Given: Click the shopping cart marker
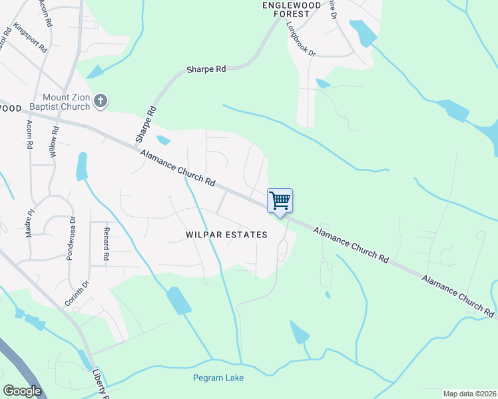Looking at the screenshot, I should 280,200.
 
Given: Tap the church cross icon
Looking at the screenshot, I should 101,100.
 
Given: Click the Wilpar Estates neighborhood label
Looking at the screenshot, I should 226,235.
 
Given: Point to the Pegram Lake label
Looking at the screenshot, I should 218,378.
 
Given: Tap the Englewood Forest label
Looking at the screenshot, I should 286,9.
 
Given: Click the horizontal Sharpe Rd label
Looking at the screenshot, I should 206,68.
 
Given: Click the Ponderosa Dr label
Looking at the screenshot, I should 73,237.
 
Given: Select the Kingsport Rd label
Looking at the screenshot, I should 31,39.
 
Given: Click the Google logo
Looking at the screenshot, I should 22,391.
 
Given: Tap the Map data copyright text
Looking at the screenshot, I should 469,394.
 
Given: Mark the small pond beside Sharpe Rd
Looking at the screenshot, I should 163,140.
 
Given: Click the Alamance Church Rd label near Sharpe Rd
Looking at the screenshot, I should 178,167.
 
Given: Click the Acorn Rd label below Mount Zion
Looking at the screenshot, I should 29,134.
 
